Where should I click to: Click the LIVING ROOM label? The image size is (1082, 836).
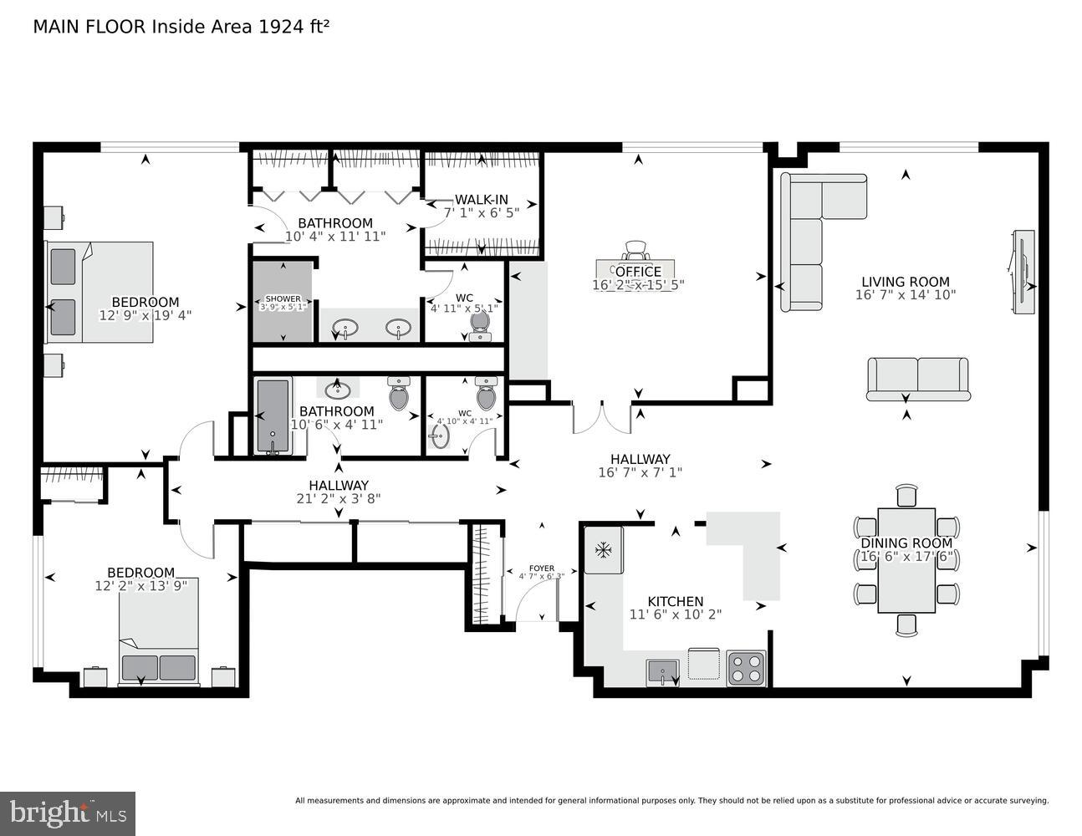click(x=906, y=282)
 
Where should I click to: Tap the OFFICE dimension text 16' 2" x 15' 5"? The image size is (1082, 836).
click(x=638, y=284)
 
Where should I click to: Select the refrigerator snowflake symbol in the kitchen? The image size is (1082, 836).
click(x=602, y=549)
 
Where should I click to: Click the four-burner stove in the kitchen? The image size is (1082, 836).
click(x=746, y=668)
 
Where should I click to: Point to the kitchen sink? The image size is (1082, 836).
click(x=662, y=671)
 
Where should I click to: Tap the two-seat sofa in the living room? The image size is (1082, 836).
click(x=917, y=378)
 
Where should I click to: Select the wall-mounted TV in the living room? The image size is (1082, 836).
click(x=1021, y=272)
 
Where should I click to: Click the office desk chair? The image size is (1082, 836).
click(x=635, y=249)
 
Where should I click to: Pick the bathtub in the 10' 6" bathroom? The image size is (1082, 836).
click(x=273, y=416)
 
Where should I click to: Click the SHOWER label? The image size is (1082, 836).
click(x=283, y=298)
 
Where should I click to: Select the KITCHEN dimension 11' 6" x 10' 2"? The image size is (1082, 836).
click(x=675, y=614)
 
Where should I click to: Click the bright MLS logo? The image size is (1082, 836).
click(x=68, y=813)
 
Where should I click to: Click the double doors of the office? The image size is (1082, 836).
click(x=601, y=417)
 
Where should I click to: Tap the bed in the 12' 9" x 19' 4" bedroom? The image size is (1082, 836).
click(x=100, y=292)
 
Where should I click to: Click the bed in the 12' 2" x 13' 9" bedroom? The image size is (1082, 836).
click(x=159, y=631)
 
